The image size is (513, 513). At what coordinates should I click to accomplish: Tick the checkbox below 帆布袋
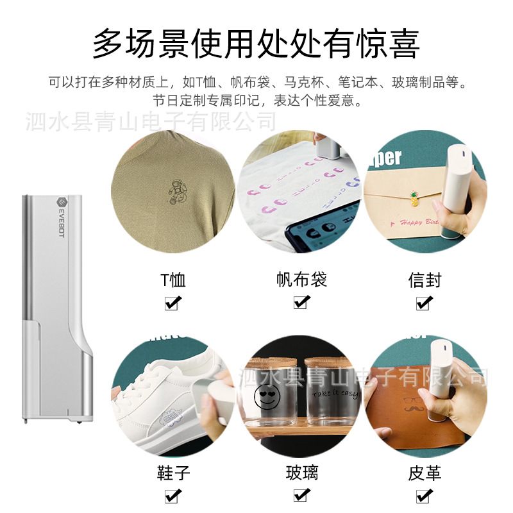(x=300, y=302)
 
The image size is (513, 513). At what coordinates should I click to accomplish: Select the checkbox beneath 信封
(x=424, y=302)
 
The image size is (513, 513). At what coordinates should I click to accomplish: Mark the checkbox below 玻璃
(x=300, y=495)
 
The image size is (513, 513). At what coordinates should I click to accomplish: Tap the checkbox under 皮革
(x=424, y=495)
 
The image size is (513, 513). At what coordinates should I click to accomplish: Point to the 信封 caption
(x=425, y=280)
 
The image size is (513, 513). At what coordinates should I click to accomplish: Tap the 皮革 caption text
(x=425, y=474)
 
